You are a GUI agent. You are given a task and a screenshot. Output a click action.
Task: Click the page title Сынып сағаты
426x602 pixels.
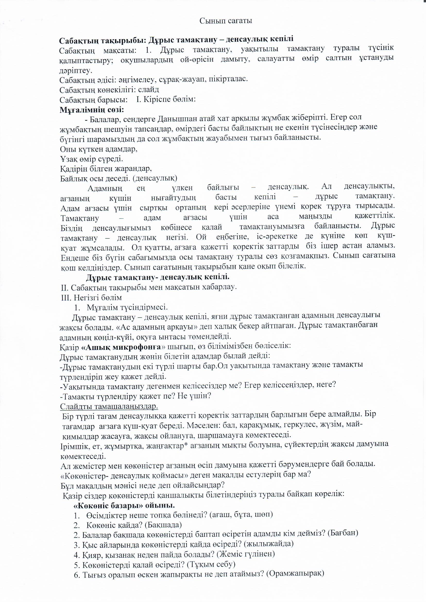click(x=226, y=21)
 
